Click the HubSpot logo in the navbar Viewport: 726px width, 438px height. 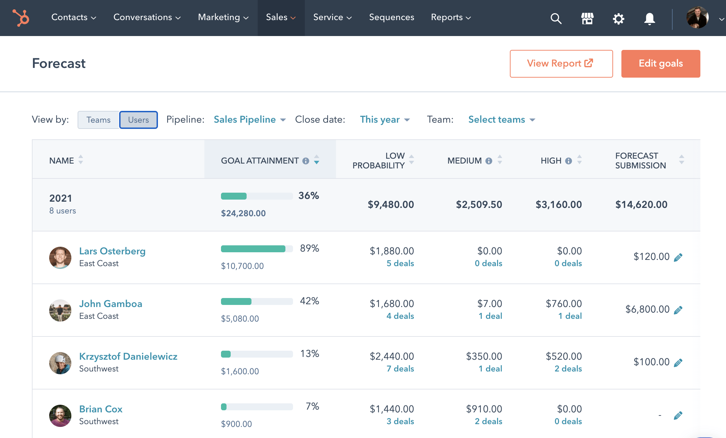21,18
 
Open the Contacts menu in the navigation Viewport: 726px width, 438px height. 73,17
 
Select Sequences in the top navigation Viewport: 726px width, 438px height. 391,17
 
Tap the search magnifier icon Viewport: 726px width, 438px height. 556,18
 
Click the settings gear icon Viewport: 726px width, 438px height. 618,18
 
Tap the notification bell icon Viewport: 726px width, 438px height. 649,18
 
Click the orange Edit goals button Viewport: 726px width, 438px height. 661,63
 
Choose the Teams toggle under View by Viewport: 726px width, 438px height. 98,120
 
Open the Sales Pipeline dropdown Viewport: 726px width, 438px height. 249,120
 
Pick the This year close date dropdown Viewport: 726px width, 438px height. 384,120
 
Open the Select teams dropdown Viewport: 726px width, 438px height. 501,120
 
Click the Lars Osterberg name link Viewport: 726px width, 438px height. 112,251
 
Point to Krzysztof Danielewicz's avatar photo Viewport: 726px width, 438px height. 60,363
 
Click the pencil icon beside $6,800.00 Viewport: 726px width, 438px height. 678,310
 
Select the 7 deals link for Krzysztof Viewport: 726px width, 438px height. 400,369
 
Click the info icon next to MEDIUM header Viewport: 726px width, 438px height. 489,161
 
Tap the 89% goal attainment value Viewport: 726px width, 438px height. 309,248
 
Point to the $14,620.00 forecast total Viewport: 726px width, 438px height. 641,204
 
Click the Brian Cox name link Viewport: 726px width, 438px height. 101,409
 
